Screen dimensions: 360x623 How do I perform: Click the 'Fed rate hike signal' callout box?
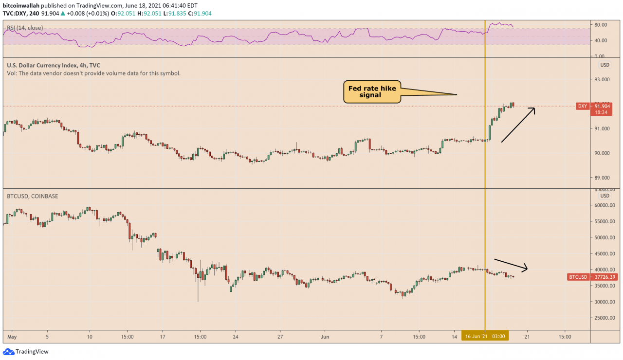(x=372, y=92)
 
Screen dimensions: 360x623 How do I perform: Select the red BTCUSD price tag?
(x=588, y=277)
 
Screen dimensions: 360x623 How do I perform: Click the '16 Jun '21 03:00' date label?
(x=485, y=336)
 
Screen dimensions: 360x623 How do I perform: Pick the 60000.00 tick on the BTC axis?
(x=604, y=205)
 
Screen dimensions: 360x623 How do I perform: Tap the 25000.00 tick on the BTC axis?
(x=604, y=318)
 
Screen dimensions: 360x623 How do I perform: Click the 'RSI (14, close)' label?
(x=25, y=28)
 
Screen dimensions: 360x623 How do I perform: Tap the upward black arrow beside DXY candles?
(x=518, y=125)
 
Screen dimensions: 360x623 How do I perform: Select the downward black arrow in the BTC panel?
(x=511, y=264)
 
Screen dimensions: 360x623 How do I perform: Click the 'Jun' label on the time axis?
(x=326, y=336)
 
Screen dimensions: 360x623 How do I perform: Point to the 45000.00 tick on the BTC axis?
(x=604, y=253)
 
